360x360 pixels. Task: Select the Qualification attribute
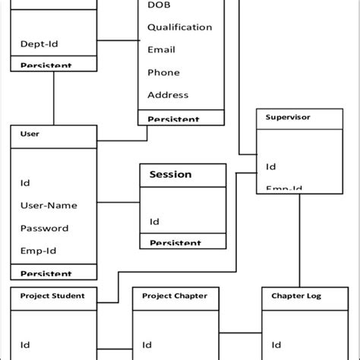click(x=179, y=27)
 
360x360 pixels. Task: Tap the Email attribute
click(x=160, y=50)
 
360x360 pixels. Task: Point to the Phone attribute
click(x=163, y=73)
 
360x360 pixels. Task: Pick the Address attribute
click(x=167, y=96)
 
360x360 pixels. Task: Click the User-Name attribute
click(x=49, y=205)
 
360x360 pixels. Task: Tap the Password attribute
click(x=44, y=228)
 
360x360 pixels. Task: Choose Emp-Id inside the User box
click(x=38, y=251)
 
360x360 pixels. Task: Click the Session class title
click(x=170, y=175)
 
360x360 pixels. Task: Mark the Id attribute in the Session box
click(x=154, y=223)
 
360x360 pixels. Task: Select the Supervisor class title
click(x=288, y=117)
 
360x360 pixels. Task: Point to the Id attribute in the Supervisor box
click(x=270, y=166)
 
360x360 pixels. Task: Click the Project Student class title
click(x=52, y=295)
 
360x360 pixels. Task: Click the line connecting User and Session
click(x=118, y=202)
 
